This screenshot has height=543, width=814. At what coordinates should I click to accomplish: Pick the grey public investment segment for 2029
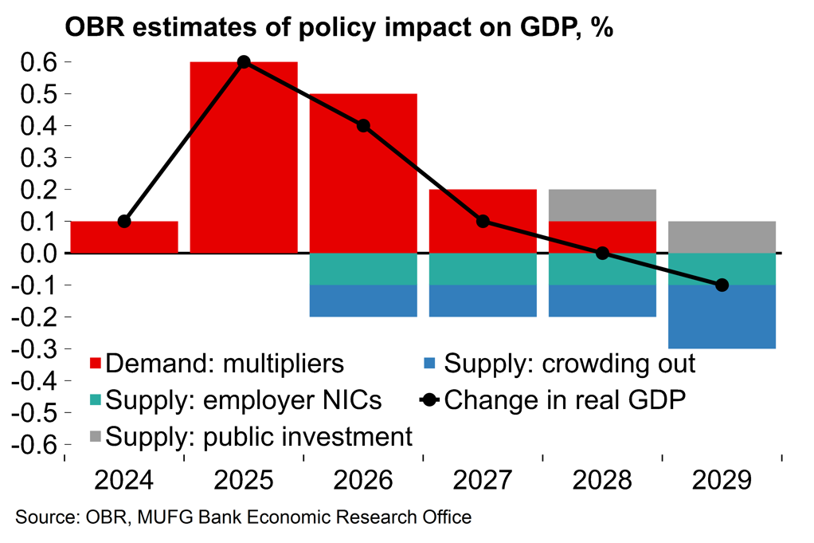(x=722, y=237)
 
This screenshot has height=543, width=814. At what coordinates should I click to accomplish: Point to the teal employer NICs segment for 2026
(x=363, y=269)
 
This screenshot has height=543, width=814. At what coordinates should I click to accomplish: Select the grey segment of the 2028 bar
(x=602, y=205)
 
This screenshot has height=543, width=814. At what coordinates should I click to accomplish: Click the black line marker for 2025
(x=244, y=62)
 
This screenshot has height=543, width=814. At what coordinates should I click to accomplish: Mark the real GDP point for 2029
(x=722, y=285)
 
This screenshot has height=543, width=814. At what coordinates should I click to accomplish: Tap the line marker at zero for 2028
(x=602, y=253)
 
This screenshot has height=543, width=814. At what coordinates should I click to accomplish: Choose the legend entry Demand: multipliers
(x=216, y=364)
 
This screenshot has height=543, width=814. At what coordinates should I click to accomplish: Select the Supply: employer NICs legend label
(x=234, y=400)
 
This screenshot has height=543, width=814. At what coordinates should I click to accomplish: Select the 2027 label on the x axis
(x=483, y=481)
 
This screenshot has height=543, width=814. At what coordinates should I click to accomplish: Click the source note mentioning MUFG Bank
(x=244, y=517)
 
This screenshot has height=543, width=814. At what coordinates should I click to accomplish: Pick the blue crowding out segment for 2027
(x=483, y=301)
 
